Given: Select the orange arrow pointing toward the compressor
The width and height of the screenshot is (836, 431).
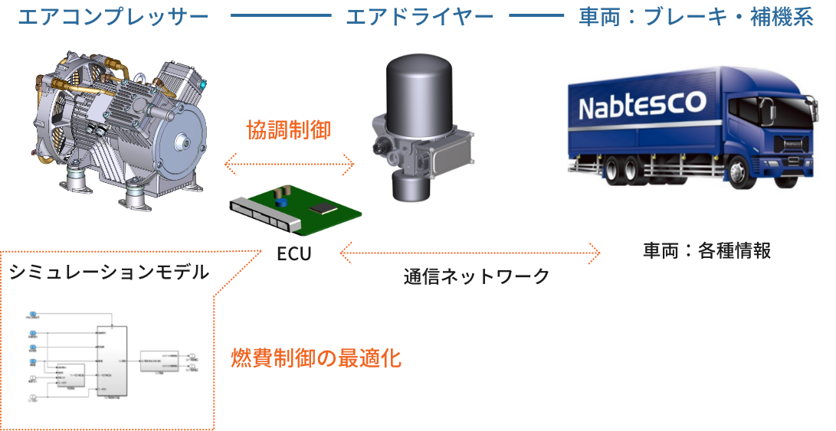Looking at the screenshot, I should (295, 164).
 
